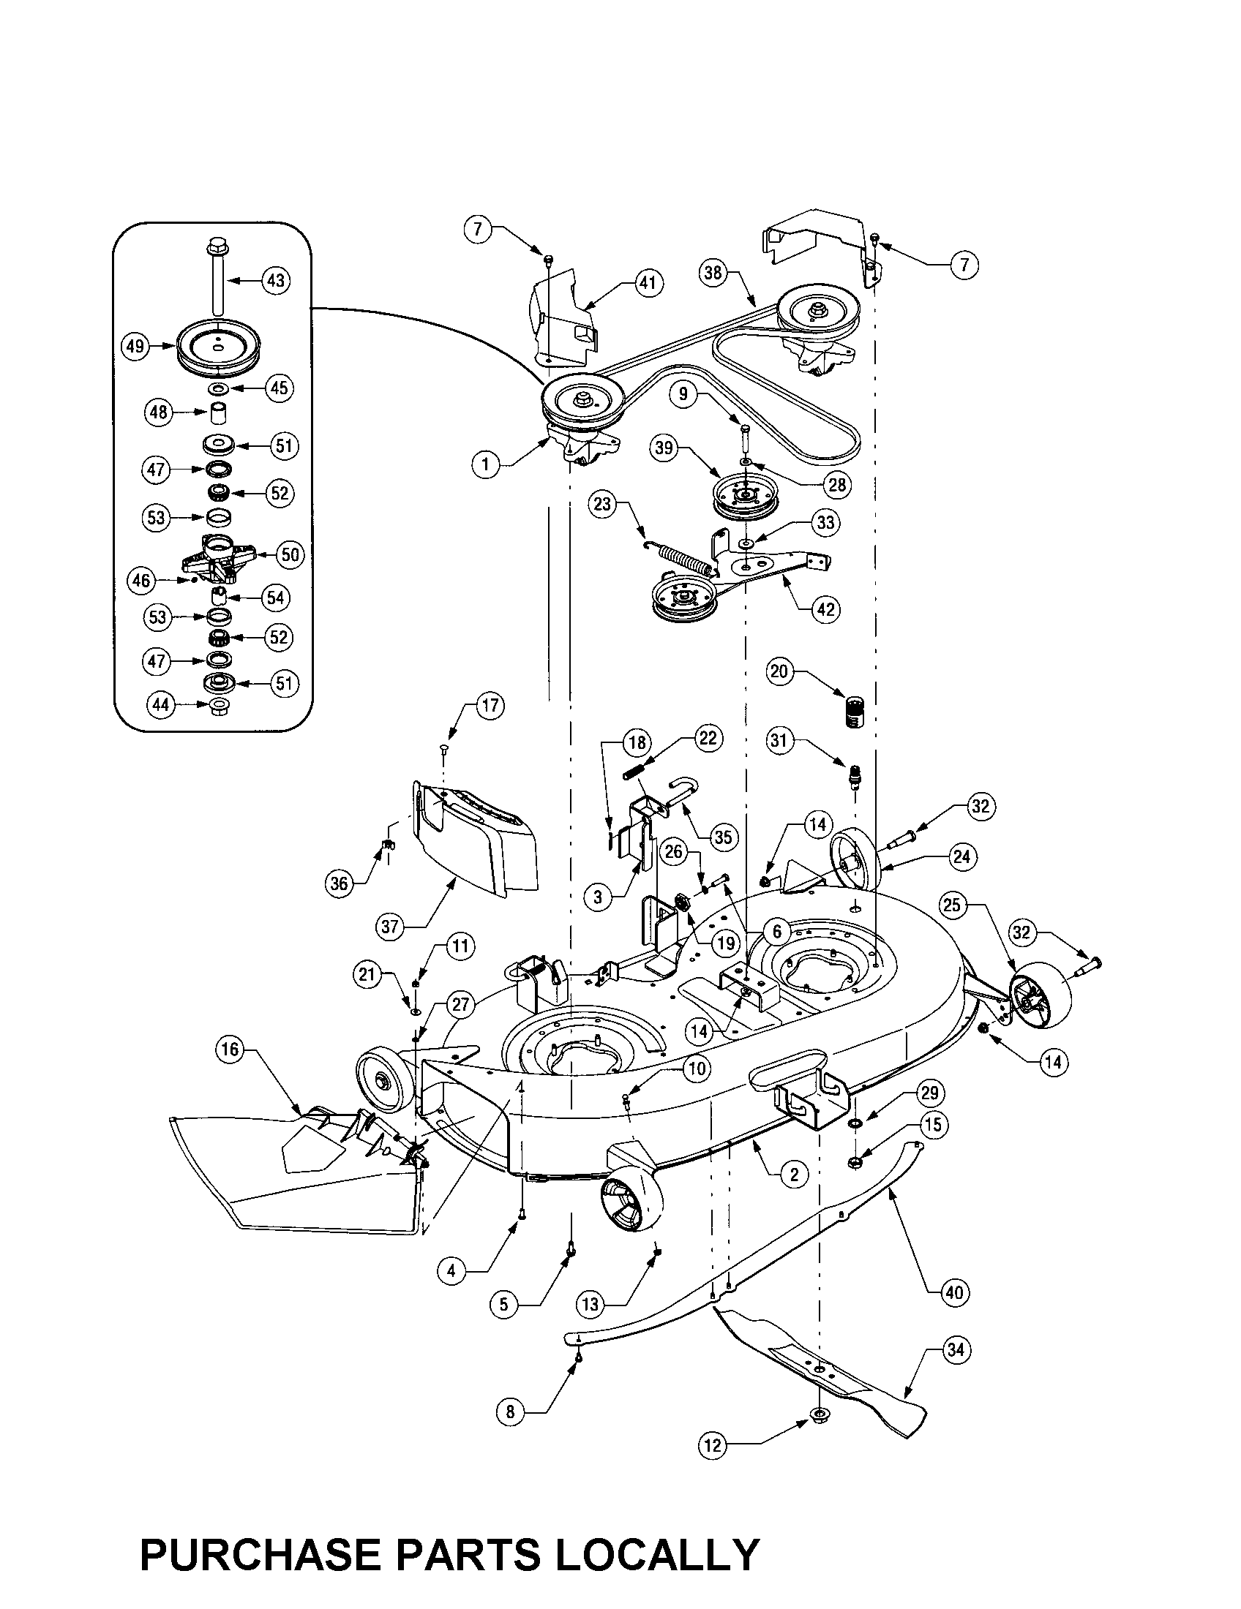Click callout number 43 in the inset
coord(275,281)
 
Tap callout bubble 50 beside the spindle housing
coord(290,554)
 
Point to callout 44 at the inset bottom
coord(160,704)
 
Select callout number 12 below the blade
coord(712,1445)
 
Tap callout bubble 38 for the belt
coord(713,274)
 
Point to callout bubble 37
coord(390,926)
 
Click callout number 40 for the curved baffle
coord(953,1292)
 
